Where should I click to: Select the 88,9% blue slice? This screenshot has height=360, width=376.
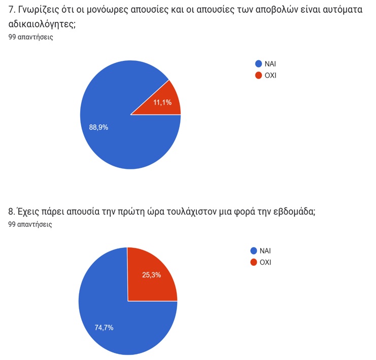click(115, 134)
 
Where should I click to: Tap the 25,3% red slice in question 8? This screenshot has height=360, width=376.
click(151, 276)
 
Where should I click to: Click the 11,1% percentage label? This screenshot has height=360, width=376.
click(162, 102)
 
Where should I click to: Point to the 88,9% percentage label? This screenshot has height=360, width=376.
click(98, 127)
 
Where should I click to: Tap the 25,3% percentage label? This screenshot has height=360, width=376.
click(151, 275)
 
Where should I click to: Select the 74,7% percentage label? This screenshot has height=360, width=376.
click(104, 328)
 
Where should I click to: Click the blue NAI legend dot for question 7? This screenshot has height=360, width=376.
click(258, 64)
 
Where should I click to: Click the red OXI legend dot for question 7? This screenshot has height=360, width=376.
click(258, 75)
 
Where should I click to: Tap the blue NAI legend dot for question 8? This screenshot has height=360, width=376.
click(254, 250)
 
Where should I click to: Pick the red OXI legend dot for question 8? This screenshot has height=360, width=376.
click(254, 262)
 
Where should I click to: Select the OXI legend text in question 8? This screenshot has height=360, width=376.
click(265, 262)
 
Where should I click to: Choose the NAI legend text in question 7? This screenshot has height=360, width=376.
click(270, 64)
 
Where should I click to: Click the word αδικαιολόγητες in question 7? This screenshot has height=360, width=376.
click(42, 24)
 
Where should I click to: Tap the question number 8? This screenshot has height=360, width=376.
click(11, 211)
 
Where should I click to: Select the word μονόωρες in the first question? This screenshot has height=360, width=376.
click(107, 10)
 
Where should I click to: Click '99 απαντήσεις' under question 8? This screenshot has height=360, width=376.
click(30, 224)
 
